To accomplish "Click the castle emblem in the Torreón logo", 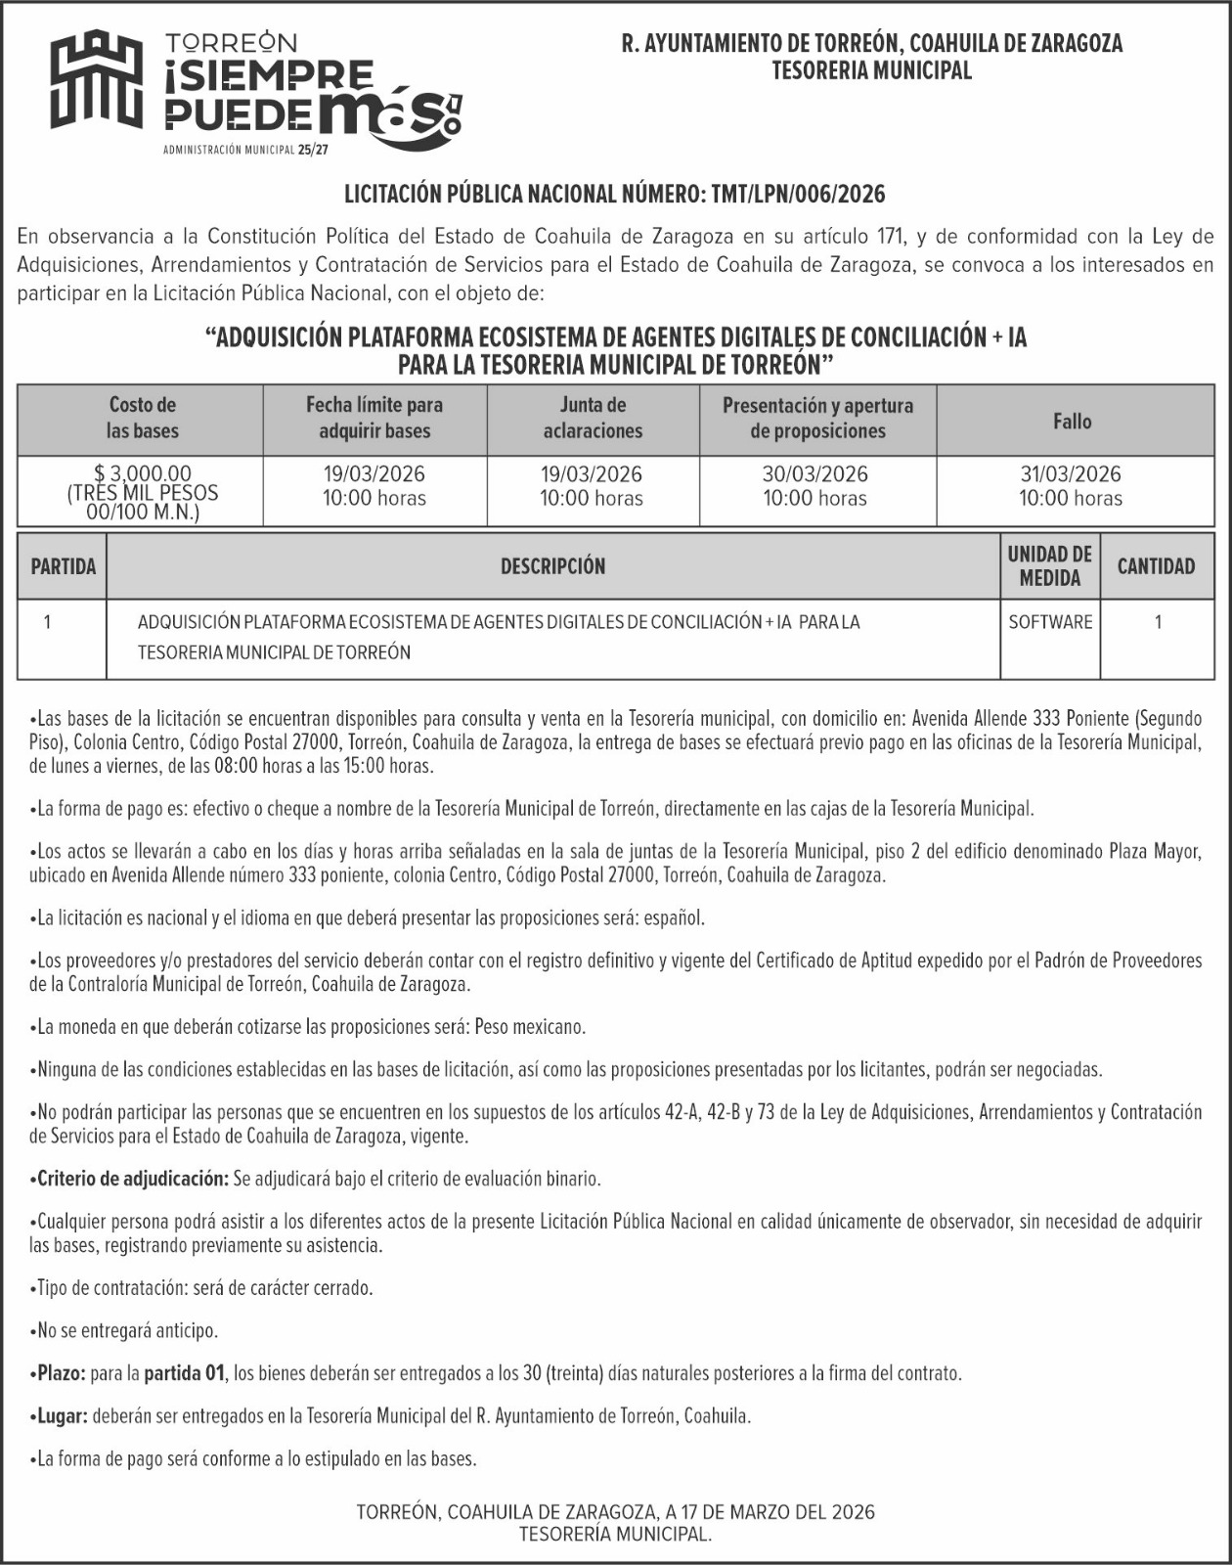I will tap(97, 79).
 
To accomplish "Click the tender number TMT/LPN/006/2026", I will tap(798, 194).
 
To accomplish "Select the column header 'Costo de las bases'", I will tap(142, 419).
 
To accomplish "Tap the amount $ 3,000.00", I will tap(143, 474).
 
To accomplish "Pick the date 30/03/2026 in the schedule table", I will tap(815, 474).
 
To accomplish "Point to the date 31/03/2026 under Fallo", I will tap(1071, 474).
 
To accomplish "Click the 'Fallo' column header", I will tap(1072, 422).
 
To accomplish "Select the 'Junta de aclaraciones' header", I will tap(593, 419).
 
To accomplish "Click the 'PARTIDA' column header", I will tap(64, 566).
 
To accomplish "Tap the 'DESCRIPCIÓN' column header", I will tap(552, 566).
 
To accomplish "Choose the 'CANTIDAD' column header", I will tap(1156, 566).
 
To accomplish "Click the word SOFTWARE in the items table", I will tap(1050, 622).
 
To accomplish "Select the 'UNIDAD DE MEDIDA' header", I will tap(1049, 566).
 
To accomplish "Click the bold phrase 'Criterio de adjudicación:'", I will tap(132, 1179).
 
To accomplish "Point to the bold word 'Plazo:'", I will tap(62, 1373).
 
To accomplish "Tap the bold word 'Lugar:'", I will tap(63, 1415).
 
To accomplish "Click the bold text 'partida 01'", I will tap(185, 1373).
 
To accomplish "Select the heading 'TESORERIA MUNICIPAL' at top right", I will tap(871, 70).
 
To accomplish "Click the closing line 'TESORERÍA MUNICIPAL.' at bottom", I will tap(615, 1535).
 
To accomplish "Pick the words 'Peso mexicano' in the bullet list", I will tap(529, 1027).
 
